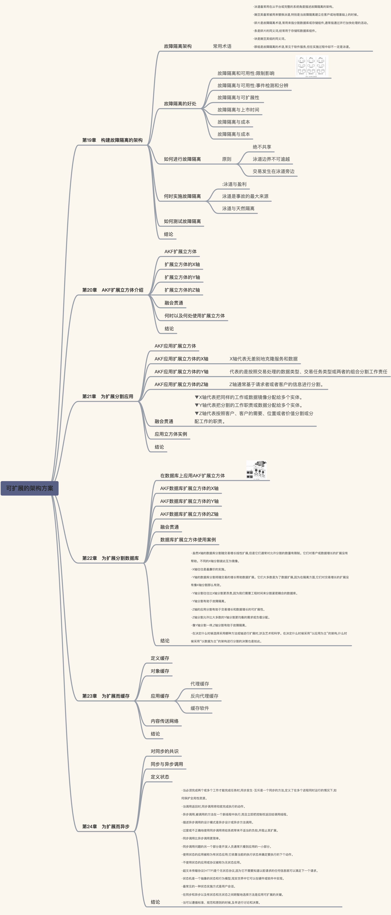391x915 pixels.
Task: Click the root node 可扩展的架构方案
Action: pyautogui.click(x=30, y=488)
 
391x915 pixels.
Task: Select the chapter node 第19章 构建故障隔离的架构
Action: pyautogui.click(x=112, y=140)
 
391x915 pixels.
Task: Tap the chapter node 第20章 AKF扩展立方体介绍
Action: pyautogui.click(x=113, y=290)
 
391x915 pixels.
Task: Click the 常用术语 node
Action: pyautogui.click(x=222, y=46)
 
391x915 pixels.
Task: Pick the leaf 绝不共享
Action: pyautogui.click(x=262, y=147)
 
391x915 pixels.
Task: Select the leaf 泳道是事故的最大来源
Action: pyautogui.click(x=245, y=196)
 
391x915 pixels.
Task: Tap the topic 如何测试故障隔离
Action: pyautogui.click(x=182, y=221)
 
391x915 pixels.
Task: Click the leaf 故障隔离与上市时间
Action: pyautogui.click(x=238, y=110)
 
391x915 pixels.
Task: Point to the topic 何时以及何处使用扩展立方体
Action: pyautogui.click(x=195, y=315)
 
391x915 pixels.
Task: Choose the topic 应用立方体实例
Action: pyautogui.click(x=171, y=434)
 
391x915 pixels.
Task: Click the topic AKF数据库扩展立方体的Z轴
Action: pyautogui.click(x=189, y=514)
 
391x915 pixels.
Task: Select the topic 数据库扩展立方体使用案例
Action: pyautogui.click(x=188, y=540)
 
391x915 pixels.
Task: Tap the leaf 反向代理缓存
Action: pyautogui.click(x=204, y=696)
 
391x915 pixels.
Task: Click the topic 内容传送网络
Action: pyautogui.click(x=165, y=721)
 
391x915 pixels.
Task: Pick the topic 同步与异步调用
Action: pyautogui.click(x=167, y=764)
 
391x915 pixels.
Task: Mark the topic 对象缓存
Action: pyautogui.click(x=160, y=671)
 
